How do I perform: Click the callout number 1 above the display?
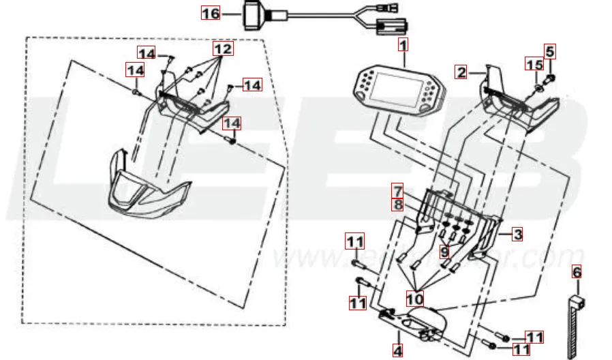[403, 46]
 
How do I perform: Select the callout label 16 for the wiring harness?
[211, 13]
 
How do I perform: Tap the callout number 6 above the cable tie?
[577, 273]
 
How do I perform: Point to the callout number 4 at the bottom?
[398, 350]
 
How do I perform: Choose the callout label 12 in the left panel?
[223, 49]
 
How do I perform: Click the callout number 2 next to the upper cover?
[461, 72]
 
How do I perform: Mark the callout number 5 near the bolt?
[550, 50]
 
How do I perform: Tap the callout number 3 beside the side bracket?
[518, 235]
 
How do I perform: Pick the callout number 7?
[398, 189]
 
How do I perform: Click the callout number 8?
[398, 202]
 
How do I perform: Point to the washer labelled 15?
[538, 88]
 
